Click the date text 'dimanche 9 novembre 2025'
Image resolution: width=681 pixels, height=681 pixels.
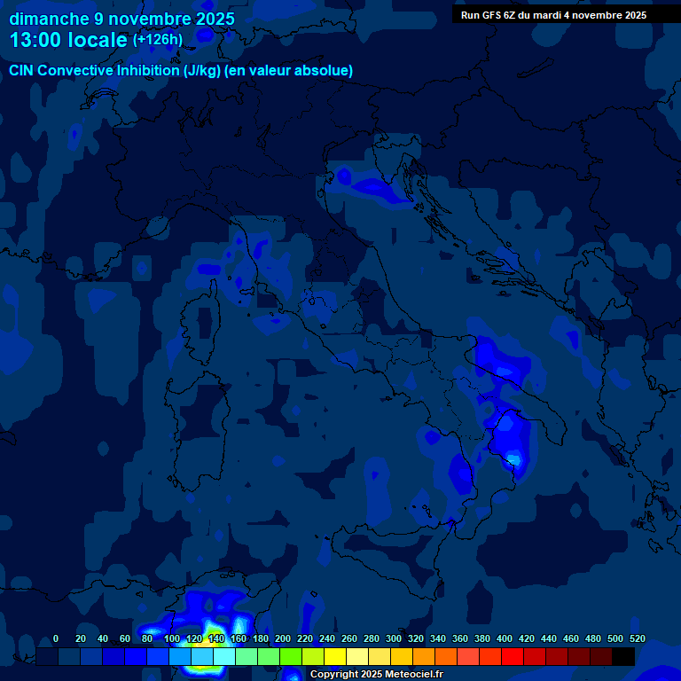pos(121,19)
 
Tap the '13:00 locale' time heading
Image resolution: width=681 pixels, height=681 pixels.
pos(69,41)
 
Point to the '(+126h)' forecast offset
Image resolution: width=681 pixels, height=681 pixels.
pos(158,39)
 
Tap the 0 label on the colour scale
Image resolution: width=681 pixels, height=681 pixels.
pos(56,638)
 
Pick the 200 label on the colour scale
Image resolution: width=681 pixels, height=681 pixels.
pos(282,638)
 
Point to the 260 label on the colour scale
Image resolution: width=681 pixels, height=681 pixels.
pos(349,638)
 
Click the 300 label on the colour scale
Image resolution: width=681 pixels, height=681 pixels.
pos(394,638)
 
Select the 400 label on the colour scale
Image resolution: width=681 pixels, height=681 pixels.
pos(505,638)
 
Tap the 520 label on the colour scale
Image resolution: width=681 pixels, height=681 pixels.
pos(638,638)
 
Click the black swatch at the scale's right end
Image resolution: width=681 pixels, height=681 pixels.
pos(623,656)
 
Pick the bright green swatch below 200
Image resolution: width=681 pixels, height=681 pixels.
pos(291,656)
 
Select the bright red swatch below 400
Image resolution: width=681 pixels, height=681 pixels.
pos(513,656)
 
